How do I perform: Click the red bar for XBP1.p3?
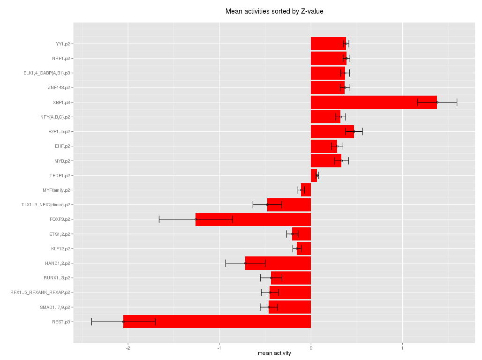[x=374, y=102]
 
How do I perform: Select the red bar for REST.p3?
[x=217, y=322]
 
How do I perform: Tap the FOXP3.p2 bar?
[x=253, y=219]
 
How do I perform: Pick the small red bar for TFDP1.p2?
[x=314, y=175]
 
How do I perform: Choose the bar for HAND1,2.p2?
[x=278, y=263]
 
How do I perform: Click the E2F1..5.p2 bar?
[x=332, y=132]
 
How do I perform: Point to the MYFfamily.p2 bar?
[x=306, y=190]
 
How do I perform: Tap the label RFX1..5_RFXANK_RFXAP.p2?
[x=40, y=292]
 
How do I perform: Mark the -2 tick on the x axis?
[x=128, y=347]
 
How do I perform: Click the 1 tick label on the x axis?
[x=402, y=347]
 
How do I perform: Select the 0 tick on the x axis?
[x=311, y=347]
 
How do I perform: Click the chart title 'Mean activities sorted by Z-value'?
[x=274, y=11]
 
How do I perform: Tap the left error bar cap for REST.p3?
[x=91, y=322]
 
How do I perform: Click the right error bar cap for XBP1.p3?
[x=457, y=102]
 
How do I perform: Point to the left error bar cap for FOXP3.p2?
[x=159, y=219]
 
